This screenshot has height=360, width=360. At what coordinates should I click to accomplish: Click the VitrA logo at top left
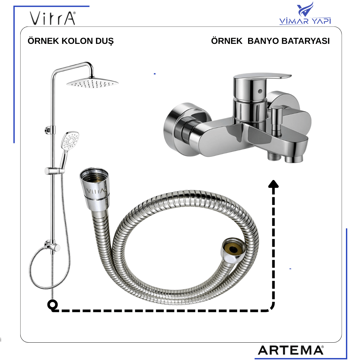tap(53, 18)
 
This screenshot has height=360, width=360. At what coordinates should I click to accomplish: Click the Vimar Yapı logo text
tap(305, 21)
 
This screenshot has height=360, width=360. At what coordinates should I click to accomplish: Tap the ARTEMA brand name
tap(291, 351)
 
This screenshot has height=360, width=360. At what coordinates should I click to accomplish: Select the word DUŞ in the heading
tap(104, 41)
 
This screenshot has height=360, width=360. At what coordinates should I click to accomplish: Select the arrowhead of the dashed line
tap(273, 184)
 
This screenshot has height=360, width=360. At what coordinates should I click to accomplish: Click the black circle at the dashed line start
tap(53, 305)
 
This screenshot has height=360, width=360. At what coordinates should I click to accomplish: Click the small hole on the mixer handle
tap(260, 91)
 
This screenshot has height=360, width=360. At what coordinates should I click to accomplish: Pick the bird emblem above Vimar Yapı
tap(305, 9)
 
